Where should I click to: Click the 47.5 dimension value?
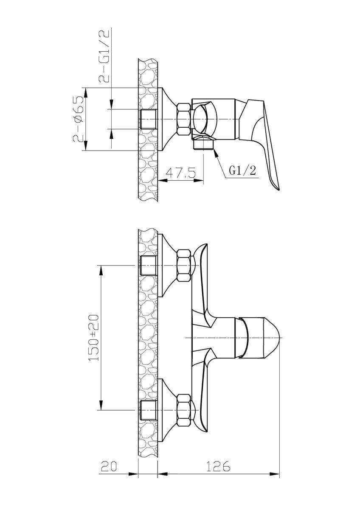tap(180, 173)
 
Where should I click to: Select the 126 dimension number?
tap(218, 465)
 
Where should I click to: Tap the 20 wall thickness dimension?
tap(109, 465)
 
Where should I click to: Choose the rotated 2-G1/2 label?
tap(104, 55)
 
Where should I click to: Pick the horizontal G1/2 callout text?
tap(242, 171)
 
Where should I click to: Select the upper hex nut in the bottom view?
tap(184, 265)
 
